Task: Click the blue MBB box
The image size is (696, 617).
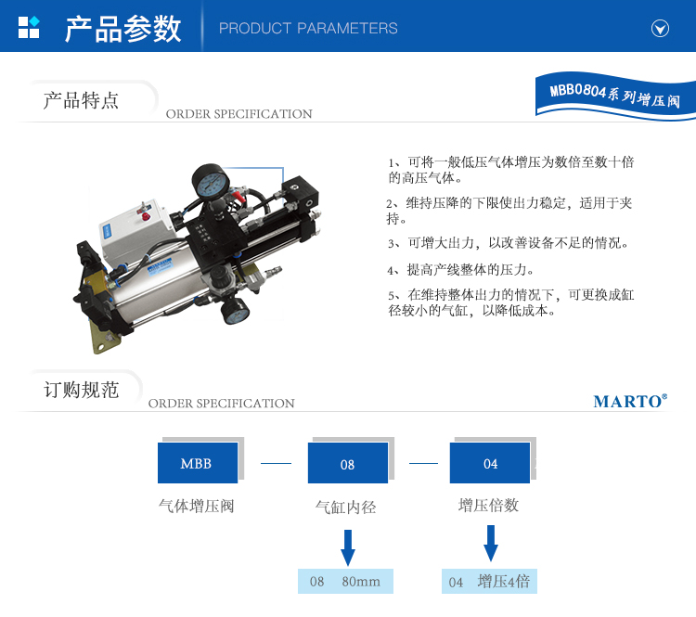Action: (x=198, y=463)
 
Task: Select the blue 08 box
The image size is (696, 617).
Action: (x=348, y=463)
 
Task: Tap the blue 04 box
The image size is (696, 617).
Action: (x=490, y=463)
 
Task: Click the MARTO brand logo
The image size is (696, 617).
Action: (x=630, y=401)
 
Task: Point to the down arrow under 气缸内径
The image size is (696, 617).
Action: (x=348, y=547)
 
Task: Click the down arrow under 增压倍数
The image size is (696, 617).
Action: (x=491, y=544)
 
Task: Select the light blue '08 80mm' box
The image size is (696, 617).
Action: (x=345, y=581)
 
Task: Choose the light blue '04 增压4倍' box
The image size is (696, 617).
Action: (x=489, y=581)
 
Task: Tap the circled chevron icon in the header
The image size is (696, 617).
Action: (x=660, y=29)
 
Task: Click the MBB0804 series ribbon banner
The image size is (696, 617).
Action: (x=615, y=96)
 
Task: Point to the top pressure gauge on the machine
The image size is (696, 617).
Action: (x=211, y=182)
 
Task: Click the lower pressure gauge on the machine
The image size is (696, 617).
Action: (x=236, y=310)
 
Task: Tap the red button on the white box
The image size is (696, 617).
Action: (x=146, y=216)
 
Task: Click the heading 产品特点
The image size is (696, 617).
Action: (x=81, y=100)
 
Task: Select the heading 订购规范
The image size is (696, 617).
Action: (x=82, y=390)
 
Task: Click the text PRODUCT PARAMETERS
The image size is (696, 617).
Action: (x=308, y=29)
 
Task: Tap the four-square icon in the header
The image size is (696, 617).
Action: (x=29, y=27)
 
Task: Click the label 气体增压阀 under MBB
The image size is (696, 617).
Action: (x=196, y=506)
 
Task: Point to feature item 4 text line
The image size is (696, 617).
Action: (x=460, y=270)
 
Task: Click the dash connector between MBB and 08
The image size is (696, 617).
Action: (x=277, y=463)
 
